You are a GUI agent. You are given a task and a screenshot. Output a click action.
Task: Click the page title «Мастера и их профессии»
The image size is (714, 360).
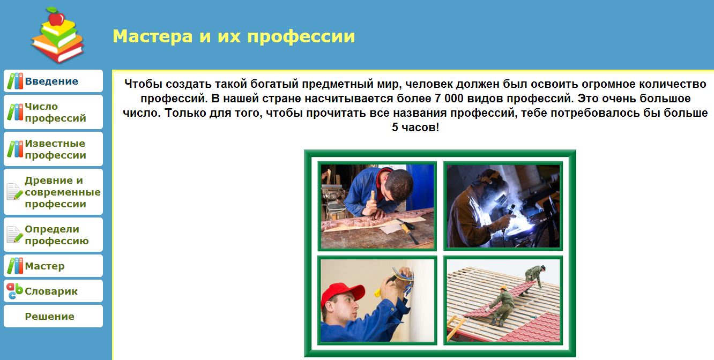click(234, 36)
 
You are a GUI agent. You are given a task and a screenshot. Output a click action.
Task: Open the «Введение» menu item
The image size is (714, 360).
click(51, 81)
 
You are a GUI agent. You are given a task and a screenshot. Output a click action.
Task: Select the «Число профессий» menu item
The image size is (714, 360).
click(55, 112)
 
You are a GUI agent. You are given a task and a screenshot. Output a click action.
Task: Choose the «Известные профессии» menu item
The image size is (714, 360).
click(55, 149)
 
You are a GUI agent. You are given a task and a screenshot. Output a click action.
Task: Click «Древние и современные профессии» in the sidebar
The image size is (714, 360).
click(62, 192)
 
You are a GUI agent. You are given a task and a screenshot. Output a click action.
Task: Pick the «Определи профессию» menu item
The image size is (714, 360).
click(56, 235)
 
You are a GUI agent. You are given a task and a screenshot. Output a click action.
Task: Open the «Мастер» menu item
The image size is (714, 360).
click(44, 266)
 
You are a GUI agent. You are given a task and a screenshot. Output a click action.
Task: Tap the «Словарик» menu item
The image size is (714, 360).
click(51, 291)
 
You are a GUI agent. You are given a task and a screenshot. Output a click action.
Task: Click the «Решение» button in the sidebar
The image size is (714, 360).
click(50, 316)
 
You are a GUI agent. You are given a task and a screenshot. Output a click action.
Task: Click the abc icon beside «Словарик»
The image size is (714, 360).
click(14, 291)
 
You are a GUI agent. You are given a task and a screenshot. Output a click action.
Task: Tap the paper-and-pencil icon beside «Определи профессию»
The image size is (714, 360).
click(14, 234)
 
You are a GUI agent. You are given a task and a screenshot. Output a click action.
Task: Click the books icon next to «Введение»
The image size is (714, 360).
click(15, 81)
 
